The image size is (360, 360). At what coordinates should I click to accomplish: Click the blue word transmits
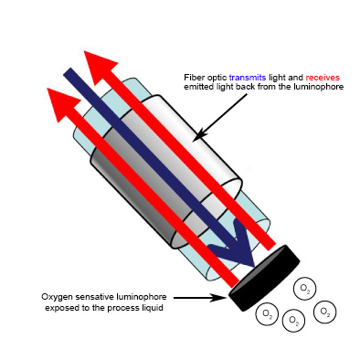click(248, 78)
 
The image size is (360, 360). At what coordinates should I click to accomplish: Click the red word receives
click(323, 78)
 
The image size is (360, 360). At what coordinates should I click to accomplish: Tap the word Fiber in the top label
click(192, 78)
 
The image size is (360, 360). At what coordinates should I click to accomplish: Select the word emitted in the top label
click(197, 87)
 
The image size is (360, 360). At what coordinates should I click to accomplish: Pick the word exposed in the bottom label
click(59, 308)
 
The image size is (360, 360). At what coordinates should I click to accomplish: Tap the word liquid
click(153, 308)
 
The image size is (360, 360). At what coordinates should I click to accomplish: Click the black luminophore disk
click(264, 278)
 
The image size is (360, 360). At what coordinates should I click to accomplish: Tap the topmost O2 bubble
click(305, 289)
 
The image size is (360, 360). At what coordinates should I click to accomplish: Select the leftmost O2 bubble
click(267, 314)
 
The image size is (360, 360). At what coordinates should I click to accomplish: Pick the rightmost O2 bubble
click(324, 312)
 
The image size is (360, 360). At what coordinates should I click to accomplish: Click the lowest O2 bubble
click(294, 321)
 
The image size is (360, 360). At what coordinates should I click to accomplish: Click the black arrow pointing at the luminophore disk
click(201, 298)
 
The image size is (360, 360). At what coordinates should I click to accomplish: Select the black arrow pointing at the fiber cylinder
click(219, 118)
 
